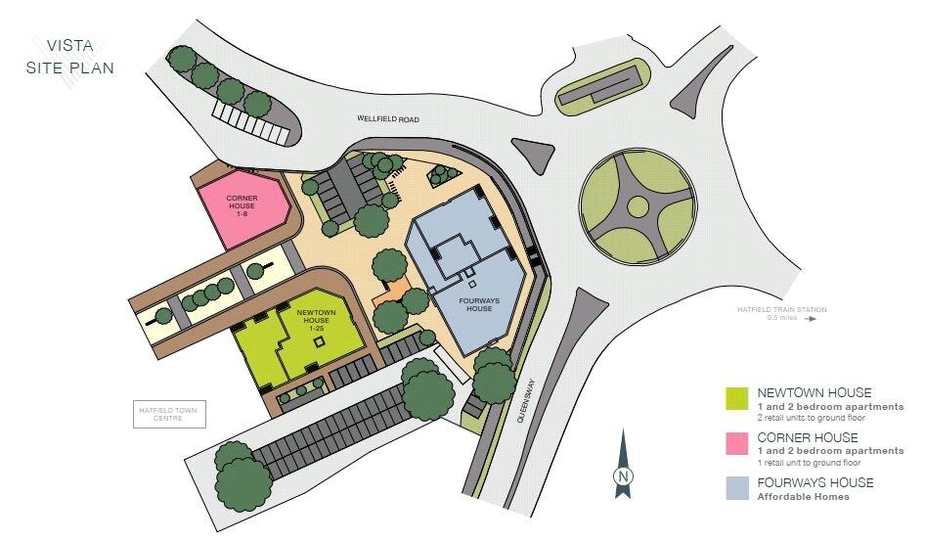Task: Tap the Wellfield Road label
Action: pos(387,119)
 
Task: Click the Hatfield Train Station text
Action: pos(782,311)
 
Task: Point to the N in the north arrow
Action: pos(621,476)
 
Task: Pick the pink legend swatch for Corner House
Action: pos(735,444)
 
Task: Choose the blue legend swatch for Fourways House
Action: pos(735,489)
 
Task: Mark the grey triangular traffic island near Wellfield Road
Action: pos(532,155)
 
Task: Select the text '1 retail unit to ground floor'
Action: pos(809,462)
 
